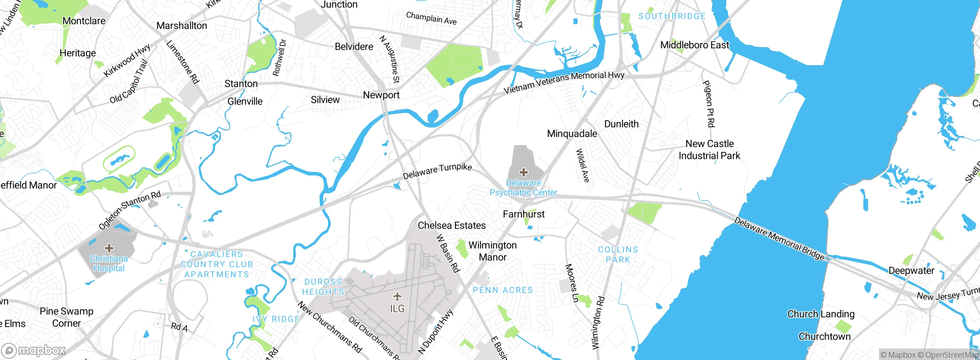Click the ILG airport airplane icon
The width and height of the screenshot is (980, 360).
(x=397, y=296)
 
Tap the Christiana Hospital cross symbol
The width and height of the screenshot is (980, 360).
(x=109, y=248)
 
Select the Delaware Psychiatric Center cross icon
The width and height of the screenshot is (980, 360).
(x=523, y=172)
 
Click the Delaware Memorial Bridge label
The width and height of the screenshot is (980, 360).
(x=779, y=239)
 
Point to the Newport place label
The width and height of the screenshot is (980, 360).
(x=381, y=95)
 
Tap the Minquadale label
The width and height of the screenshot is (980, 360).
(x=572, y=134)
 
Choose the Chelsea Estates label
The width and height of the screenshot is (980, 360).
(x=452, y=225)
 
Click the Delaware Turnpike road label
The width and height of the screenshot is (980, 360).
(x=437, y=171)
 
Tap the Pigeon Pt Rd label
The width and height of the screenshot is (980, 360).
(x=709, y=104)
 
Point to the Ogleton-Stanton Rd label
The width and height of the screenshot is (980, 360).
(x=130, y=210)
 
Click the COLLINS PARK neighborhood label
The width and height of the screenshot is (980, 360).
(x=618, y=255)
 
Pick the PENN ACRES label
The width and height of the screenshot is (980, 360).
(x=503, y=290)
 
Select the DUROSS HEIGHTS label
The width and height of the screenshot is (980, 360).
(x=323, y=287)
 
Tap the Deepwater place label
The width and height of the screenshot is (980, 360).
(x=911, y=270)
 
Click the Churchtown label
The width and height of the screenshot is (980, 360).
(x=824, y=336)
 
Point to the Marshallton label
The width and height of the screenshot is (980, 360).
(x=182, y=26)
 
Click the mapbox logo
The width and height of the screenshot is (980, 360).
(x=34, y=350)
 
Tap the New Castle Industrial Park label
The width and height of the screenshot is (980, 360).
(x=709, y=150)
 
